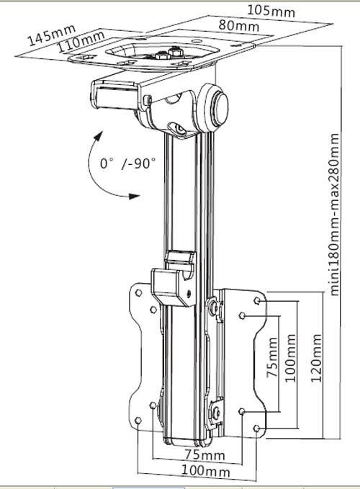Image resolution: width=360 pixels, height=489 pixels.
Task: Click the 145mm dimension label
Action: [52, 35]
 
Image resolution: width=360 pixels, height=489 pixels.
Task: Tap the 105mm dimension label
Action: [271, 11]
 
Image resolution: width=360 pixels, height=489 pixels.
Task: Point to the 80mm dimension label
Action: [239, 24]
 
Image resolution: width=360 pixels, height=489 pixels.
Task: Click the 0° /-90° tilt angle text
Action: [127, 163]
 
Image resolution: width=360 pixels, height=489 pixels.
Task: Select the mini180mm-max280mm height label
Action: [334, 215]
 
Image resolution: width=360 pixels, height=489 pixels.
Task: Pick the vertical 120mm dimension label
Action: [316, 358]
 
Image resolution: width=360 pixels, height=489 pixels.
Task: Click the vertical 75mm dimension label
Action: [272, 357]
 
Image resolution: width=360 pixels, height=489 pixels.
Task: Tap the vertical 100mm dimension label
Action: [290, 358]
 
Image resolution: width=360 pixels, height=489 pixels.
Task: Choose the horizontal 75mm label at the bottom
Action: [204, 454]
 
